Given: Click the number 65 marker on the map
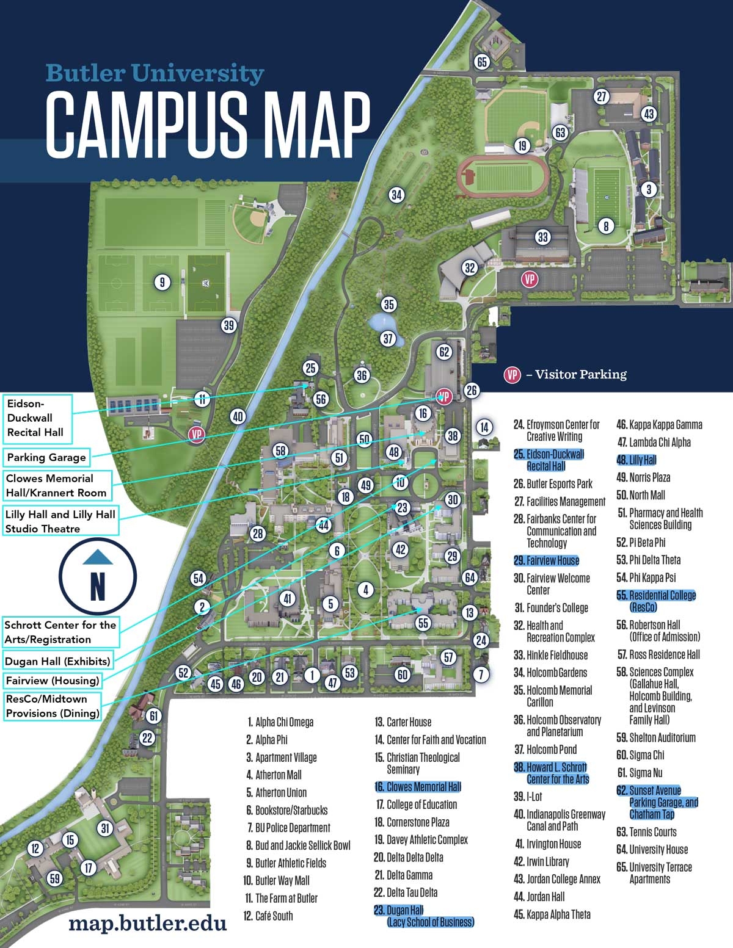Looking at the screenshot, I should coord(483,62).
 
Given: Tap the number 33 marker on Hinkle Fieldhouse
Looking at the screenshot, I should coord(542,237).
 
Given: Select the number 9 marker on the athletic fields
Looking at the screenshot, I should coord(162,282).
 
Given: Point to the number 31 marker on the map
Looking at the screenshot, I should coord(106,828).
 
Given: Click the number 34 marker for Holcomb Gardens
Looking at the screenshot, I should coord(396,195).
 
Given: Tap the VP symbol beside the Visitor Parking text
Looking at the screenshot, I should coord(512,375).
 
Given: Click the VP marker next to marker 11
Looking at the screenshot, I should coord(197,435).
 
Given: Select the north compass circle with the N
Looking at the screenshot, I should coord(98,577).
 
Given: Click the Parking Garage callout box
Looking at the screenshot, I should coord(46,457).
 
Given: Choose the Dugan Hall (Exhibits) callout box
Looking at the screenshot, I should coord(57,661).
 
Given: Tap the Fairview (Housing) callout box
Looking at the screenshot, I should coord(53,680).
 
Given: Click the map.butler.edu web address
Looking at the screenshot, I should coord(147,922).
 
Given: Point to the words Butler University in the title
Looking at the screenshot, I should coord(155,74).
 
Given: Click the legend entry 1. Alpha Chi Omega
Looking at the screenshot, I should coord(280,722).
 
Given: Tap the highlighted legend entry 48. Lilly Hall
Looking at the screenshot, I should coord(636,460).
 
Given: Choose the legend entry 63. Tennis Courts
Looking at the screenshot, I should coord(646,832).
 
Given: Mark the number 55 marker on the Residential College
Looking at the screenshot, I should coord(423,623).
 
